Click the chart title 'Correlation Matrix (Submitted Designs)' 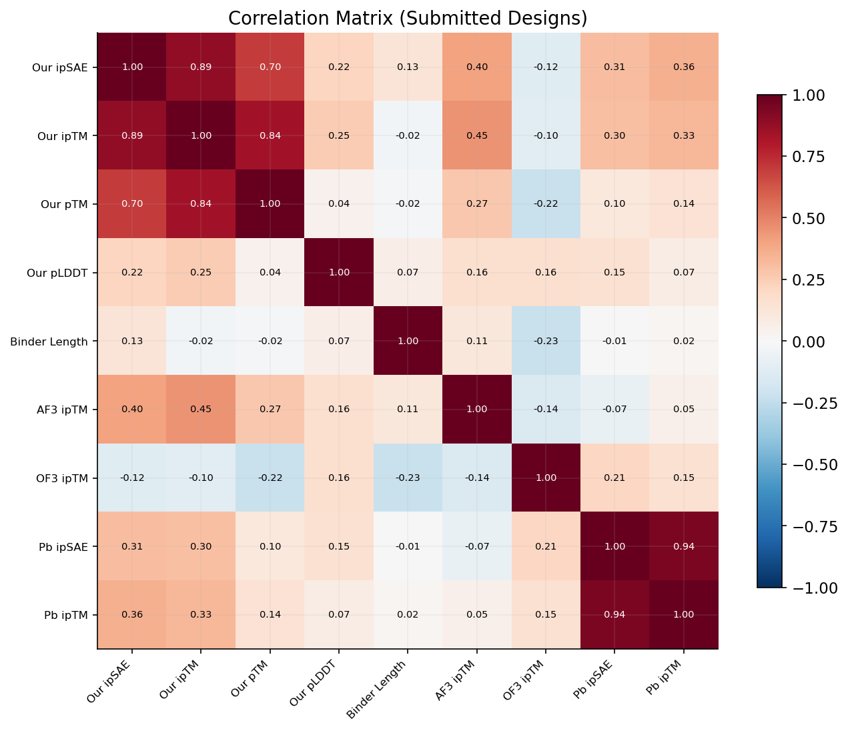408,18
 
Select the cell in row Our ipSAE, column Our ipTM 201,67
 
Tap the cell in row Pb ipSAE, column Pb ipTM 683,546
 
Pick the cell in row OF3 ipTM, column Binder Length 408,478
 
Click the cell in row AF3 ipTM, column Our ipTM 201,409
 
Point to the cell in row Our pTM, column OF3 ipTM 546,203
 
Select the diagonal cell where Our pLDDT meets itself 339,272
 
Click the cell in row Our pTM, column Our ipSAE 132,203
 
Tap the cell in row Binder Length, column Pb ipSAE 614,341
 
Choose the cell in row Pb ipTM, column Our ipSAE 132,615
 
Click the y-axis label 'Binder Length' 49,341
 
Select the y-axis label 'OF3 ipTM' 63,478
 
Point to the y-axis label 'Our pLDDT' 61,272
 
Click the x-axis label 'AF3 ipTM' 458,682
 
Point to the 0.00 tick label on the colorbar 807,341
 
